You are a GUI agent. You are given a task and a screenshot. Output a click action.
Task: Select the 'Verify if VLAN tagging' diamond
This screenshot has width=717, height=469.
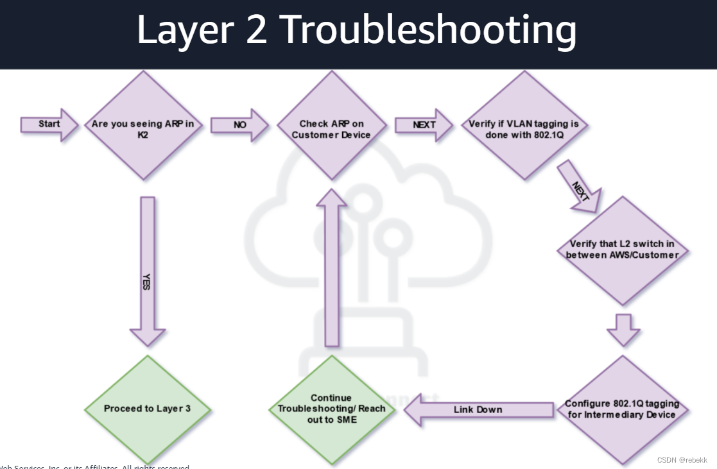525,125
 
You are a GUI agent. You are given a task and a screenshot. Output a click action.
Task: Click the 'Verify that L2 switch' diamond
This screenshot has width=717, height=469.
622,250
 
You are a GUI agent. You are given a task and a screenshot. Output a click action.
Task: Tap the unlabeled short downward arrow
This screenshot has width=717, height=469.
623,329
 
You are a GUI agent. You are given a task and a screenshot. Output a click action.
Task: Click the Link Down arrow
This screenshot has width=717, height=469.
478,409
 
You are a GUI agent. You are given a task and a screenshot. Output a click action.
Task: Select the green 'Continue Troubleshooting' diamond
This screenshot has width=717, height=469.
331,409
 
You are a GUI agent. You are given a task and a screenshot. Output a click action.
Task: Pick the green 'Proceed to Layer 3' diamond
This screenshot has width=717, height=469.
147,409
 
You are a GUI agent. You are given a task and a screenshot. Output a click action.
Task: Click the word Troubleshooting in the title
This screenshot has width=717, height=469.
428,30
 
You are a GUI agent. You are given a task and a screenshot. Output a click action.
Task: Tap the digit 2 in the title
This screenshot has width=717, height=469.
255,30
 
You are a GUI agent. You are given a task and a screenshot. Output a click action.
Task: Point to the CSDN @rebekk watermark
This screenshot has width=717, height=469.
682,460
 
